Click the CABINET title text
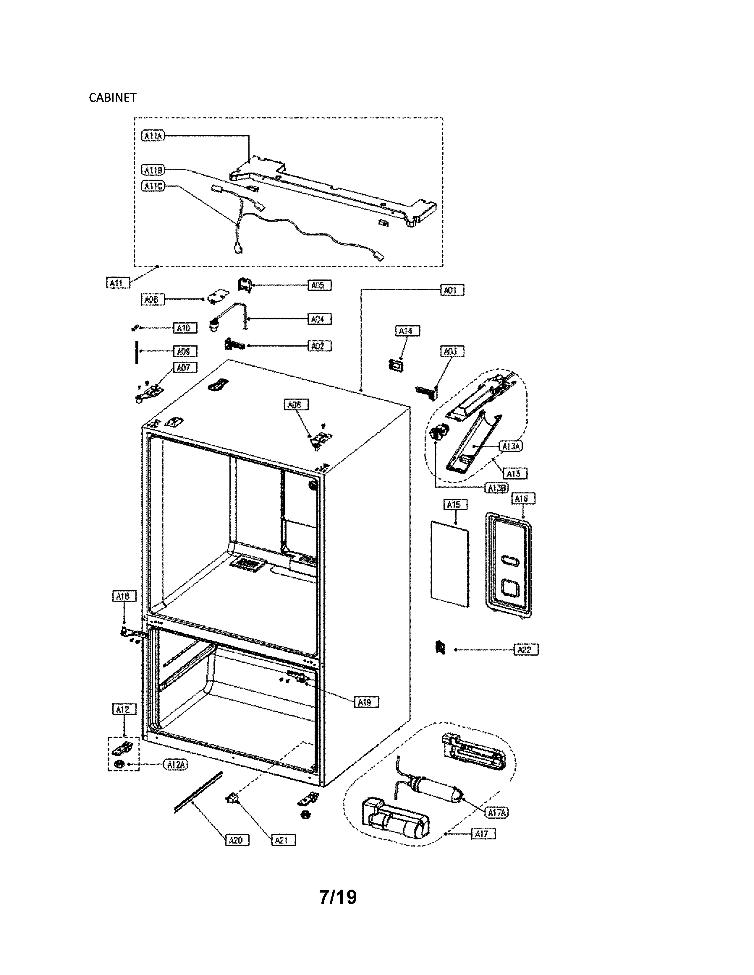pos(113,98)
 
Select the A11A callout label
pos(153,135)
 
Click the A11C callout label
pos(153,186)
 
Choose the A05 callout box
pos(319,285)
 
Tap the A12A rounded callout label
pos(177,765)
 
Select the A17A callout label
pos(497,813)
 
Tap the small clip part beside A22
pos(440,647)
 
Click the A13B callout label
pos(497,488)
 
